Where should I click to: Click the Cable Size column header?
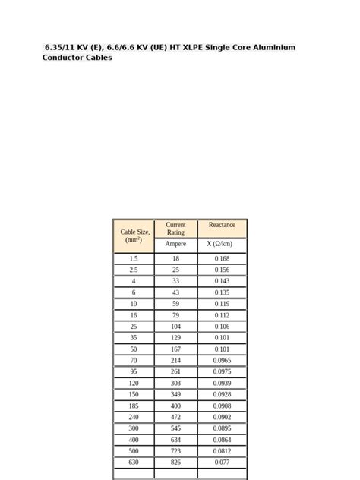pos(134,235)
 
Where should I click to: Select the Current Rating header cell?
pos(175,229)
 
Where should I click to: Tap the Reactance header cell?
pos(222,226)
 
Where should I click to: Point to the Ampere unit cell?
pos(175,244)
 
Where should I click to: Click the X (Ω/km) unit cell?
pos(222,244)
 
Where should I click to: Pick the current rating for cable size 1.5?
pos(175,258)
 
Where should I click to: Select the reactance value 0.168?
pos(222,258)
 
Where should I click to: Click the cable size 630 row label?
pos(134,463)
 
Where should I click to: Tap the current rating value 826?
pos(175,463)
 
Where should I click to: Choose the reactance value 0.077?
pos(222,463)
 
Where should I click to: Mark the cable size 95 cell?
pos(134,371)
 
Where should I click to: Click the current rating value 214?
pos(175,360)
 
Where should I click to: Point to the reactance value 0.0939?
pos(222,383)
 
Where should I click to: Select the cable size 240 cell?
pos(134,417)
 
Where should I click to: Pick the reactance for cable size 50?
pos(222,349)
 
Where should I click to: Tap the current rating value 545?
pos(175,428)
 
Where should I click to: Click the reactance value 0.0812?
pos(222,451)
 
